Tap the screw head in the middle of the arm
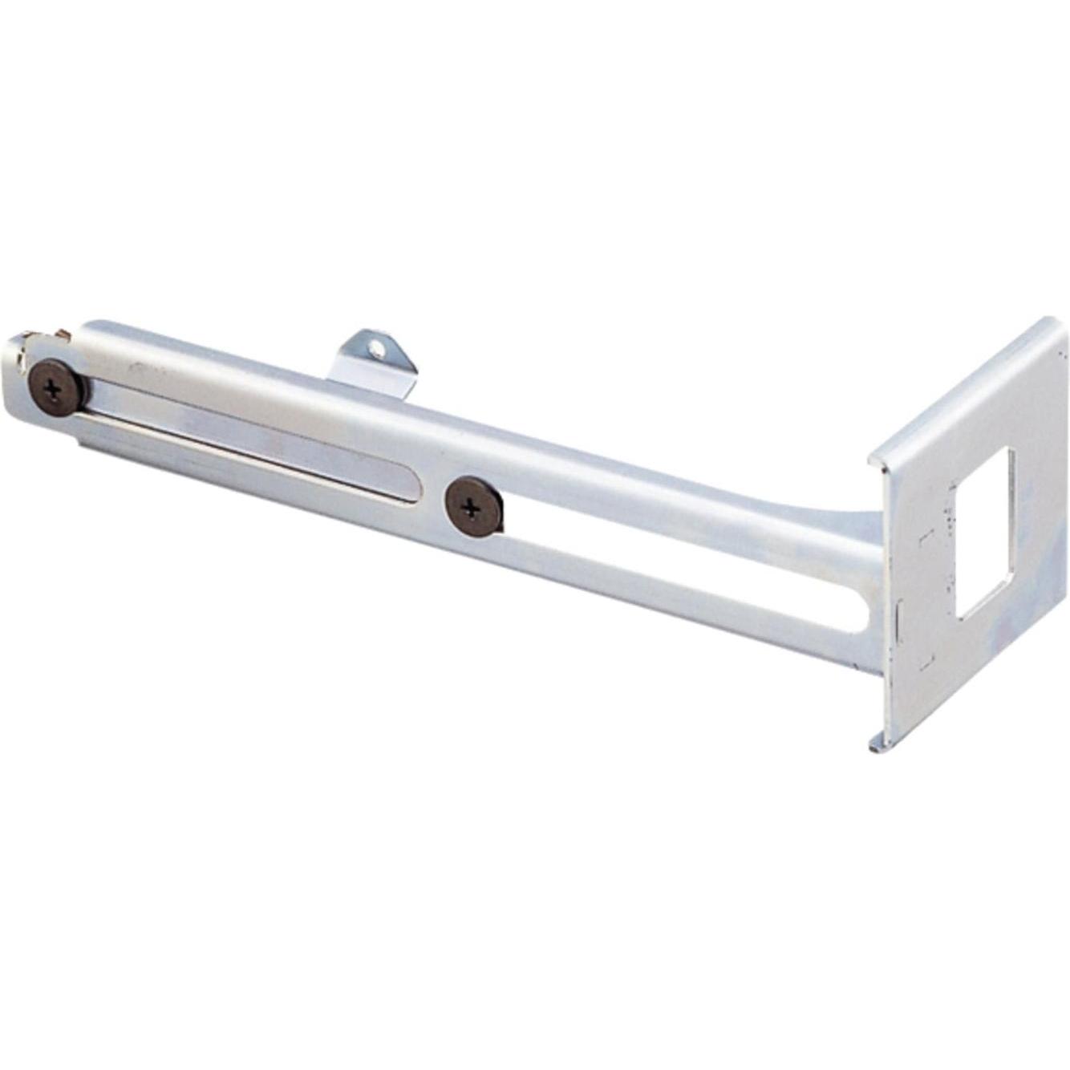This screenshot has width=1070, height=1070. click(473, 507)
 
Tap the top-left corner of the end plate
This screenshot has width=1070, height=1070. click(873, 458)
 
